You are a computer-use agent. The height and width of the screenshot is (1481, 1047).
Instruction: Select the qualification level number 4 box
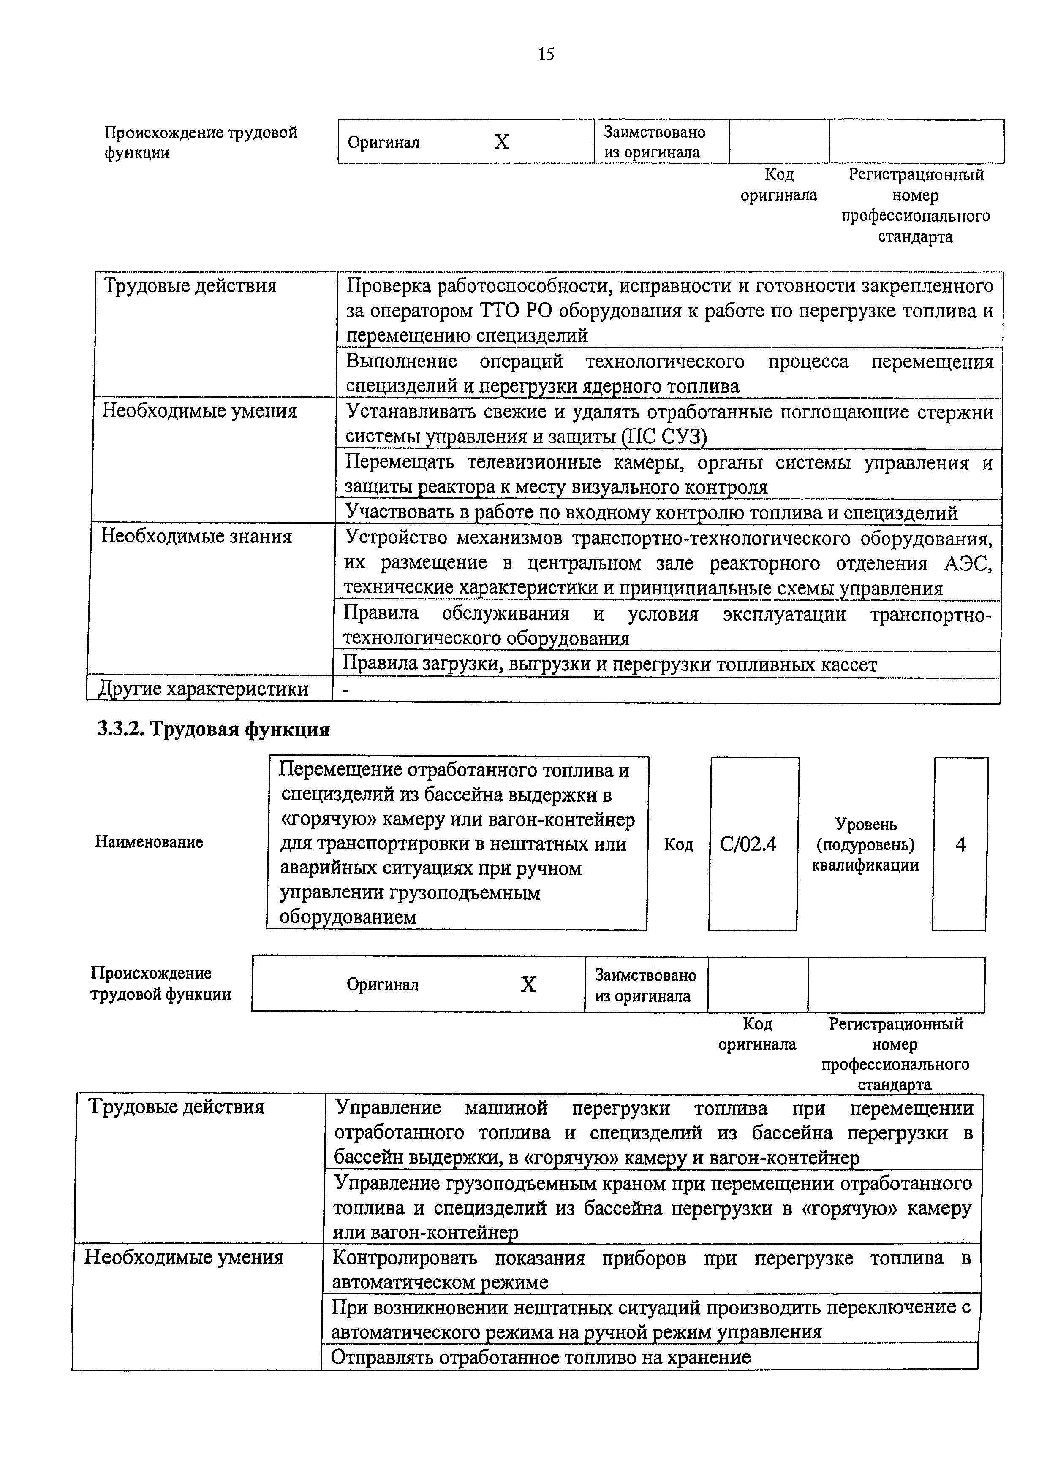click(x=960, y=844)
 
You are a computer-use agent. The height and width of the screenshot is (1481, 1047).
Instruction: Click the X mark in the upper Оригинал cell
click(x=501, y=142)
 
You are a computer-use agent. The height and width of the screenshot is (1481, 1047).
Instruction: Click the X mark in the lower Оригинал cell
click(x=528, y=985)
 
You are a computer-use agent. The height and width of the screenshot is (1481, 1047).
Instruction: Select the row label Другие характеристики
click(x=203, y=689)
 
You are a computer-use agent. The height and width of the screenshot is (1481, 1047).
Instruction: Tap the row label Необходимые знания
click(x=197, y=537)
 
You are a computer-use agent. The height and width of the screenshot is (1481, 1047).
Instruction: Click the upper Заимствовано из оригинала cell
click(x=654, y=142)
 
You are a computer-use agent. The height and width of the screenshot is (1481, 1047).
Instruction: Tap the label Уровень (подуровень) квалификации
click(x=865, y=844)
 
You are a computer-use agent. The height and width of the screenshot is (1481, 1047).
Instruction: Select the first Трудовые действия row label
click(x=190, y=286)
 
